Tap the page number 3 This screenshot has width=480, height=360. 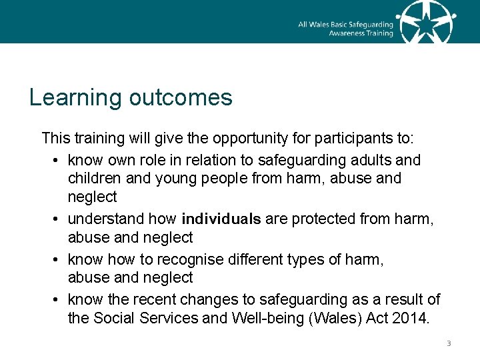tap(449, 344)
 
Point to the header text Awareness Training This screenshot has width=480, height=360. tap(361, 33)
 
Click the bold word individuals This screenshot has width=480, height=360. tap(221, 219)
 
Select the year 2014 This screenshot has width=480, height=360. tap(412, 318)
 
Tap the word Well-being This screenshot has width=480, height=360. tap(265, 318)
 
